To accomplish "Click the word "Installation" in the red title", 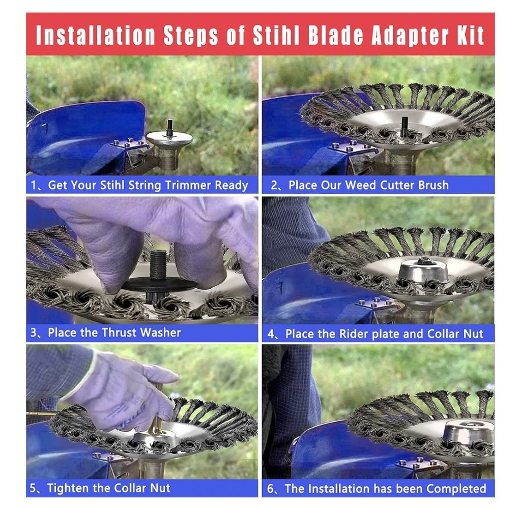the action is (x=95, y=35).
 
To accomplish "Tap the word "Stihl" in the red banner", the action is (x=276, y=35).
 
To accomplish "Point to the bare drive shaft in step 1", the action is (x=170, y=127).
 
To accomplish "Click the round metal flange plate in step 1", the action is (x=169, y=137).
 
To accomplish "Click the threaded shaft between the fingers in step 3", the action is (x=158, y=264).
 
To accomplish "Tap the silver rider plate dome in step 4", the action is (x=423, y=271).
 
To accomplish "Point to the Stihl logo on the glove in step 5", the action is (x=128, y=416).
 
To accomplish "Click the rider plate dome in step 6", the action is (x=469, y=432).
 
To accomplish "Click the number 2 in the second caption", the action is (x=274, y=185).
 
